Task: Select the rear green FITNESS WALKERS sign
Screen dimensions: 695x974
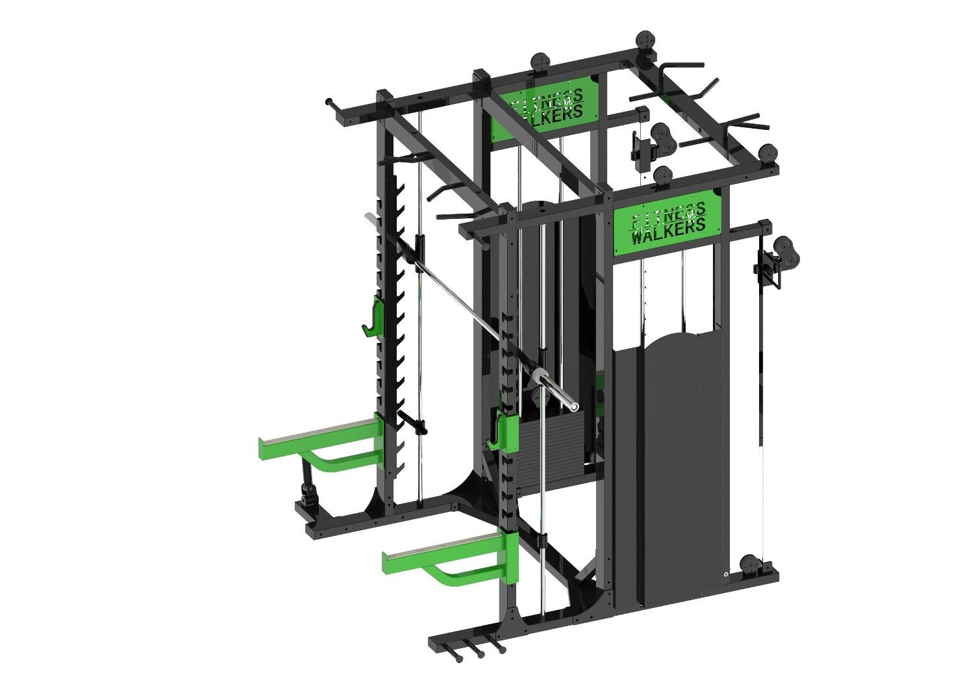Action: coord(545,107)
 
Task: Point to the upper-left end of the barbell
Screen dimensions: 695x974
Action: coord(370,219)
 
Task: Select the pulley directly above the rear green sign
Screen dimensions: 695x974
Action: coord(540,62)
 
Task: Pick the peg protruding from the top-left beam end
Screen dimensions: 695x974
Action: coord(331,102)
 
